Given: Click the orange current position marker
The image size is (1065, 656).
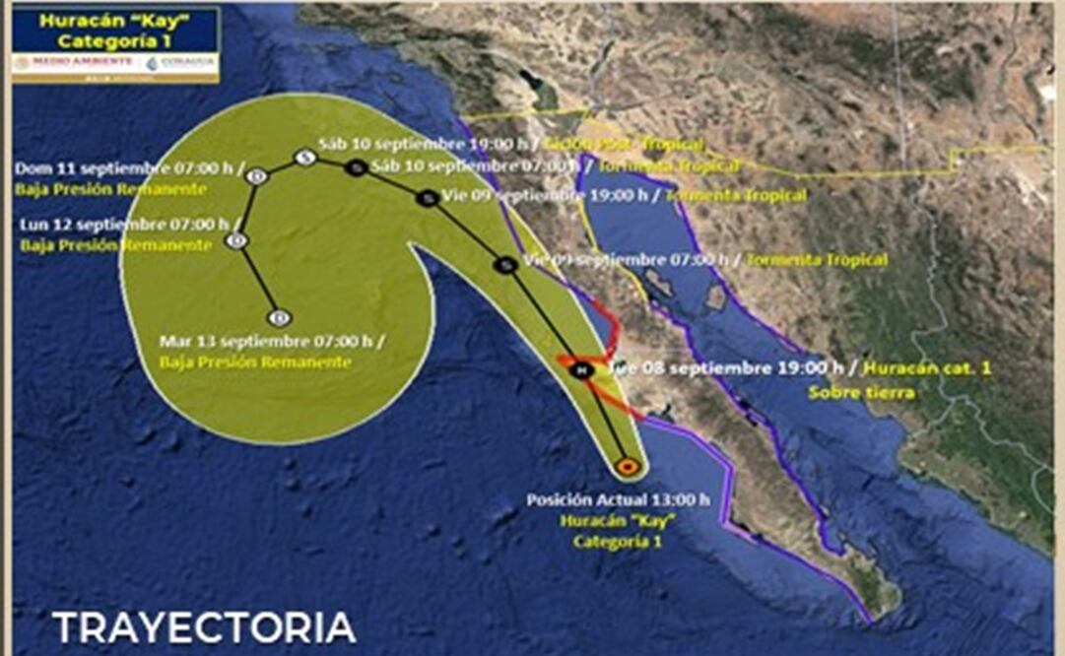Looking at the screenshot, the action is (627, 466).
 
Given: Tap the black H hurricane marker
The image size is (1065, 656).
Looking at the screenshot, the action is (582, 369).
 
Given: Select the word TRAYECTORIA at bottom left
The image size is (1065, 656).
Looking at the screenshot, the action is (204, 627).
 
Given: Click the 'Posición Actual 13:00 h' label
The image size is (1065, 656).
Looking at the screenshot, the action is (618, 499).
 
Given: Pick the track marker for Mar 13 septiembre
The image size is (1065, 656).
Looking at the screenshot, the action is (280, 316).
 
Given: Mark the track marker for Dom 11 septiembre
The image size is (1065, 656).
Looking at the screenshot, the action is (257, 175).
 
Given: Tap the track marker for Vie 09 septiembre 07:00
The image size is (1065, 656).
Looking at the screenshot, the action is (505, 264).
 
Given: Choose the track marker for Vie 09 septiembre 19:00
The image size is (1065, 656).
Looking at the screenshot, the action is (427, 198).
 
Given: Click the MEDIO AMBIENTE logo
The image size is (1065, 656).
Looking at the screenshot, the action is (72, 62).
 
